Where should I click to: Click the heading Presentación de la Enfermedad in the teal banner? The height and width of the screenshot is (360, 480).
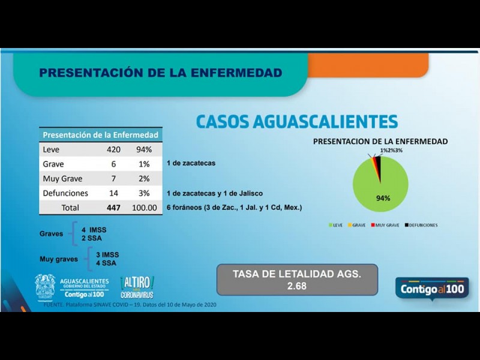[x=160, y=73]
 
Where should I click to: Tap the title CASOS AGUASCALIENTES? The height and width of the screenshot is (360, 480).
[x=296, y=122]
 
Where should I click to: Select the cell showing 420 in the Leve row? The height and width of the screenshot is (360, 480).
[x=114, y=149]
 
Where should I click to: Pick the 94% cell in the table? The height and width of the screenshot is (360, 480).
[x=144, y=149]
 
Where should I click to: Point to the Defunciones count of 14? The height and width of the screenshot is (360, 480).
[x=114, y=193]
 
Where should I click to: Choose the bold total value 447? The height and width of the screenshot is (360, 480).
[x=114, y=208]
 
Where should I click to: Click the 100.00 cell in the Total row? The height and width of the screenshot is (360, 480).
[x=145, y=208]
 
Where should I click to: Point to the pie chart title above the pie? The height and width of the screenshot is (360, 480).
[x=380, y=142]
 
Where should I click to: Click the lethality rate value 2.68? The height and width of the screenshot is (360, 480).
[x=296, y=286]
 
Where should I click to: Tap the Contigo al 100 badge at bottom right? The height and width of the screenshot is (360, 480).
[x=432, y=289]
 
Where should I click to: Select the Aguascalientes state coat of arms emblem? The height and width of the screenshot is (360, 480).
[x=45, y=287]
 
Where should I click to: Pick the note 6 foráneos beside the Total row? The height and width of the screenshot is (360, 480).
[x=233, y=208]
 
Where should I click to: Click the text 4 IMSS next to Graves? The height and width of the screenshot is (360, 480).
[x=94, y=230]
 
